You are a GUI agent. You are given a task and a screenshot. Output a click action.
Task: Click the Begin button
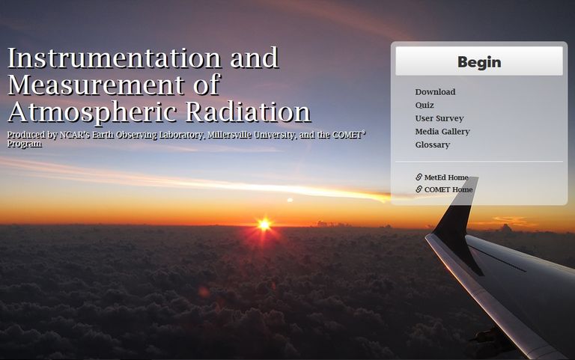click(479, 61)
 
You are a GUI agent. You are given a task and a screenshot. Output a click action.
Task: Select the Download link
click(435, 92)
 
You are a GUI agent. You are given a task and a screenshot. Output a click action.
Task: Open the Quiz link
click(425, 106)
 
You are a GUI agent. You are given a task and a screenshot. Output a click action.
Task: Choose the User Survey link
click(439, 118)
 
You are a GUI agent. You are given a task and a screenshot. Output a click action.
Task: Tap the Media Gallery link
click(442, 132)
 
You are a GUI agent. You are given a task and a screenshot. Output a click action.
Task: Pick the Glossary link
click(433, 144)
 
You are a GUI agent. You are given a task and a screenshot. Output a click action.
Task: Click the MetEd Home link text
click(446, 177)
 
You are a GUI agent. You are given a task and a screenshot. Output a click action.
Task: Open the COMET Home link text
click(448, 189)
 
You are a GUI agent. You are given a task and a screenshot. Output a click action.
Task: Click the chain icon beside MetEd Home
click(419, 177)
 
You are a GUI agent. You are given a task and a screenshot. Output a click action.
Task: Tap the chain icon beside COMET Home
click(419, 189)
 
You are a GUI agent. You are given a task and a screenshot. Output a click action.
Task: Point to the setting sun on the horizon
click(264, 225)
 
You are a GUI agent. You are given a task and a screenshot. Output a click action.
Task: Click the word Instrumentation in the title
click(115, 58)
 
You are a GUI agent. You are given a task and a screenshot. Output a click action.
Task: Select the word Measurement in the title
click(96, 85)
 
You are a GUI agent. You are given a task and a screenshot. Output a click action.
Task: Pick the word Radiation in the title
click(249, 112)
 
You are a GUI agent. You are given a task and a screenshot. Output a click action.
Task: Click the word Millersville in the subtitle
click(229, 135)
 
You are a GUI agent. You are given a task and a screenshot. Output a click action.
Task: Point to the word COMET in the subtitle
click(347, 135)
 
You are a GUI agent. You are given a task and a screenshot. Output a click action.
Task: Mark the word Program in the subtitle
click(25, 144)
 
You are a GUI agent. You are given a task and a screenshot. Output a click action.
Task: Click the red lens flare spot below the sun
click(204, 292)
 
